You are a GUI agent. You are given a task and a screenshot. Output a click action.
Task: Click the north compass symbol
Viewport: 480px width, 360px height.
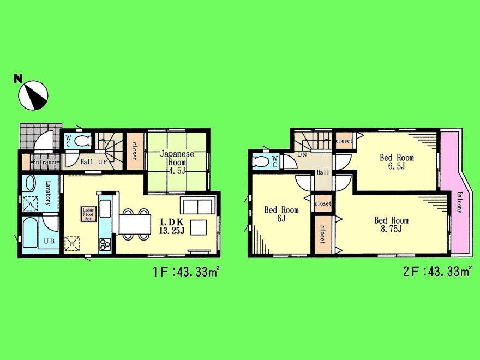33,94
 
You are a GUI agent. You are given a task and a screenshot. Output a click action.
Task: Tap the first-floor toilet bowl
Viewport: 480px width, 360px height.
82,141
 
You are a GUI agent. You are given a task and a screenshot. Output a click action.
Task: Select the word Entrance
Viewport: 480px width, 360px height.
44,162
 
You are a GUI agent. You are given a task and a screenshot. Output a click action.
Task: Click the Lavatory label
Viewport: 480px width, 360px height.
48,194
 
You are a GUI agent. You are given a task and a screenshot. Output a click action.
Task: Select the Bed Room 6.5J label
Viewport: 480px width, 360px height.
397,162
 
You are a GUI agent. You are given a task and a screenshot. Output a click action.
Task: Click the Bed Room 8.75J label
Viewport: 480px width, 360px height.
391,224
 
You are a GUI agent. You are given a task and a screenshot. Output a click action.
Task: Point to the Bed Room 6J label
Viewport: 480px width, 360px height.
281,214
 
